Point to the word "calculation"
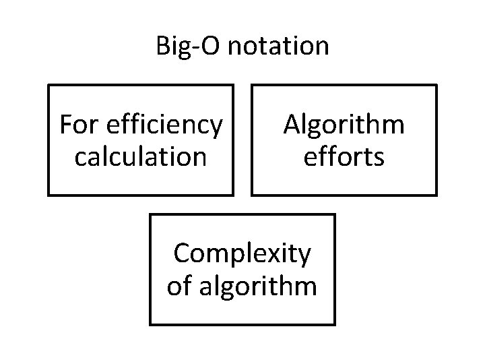140,157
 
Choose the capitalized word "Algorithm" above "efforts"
344,125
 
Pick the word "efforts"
344,156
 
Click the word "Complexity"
242,255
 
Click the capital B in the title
163,47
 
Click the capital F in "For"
65,125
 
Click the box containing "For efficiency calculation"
140,140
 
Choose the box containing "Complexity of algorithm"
242,270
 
